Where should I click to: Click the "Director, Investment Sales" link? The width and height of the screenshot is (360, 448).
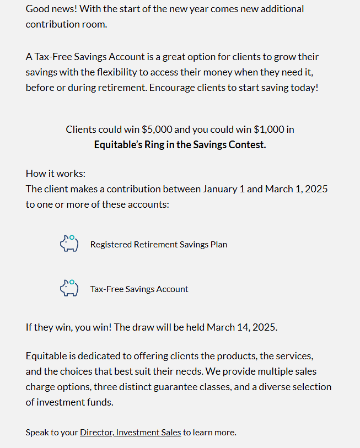pos(130,433)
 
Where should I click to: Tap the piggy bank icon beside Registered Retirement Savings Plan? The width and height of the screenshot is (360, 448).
pos(69,244)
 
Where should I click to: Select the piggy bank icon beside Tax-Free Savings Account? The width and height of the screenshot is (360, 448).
pos(69,288)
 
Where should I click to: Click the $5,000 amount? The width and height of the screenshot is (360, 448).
pos(157,129)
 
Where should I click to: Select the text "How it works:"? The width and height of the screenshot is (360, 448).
pos(56,174)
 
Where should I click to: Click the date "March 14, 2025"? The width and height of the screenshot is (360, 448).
pos(242,327)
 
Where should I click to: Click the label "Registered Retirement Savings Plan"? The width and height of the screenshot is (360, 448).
pos(159,244)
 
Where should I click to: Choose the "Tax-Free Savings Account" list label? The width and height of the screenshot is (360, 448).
pos(139,289)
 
